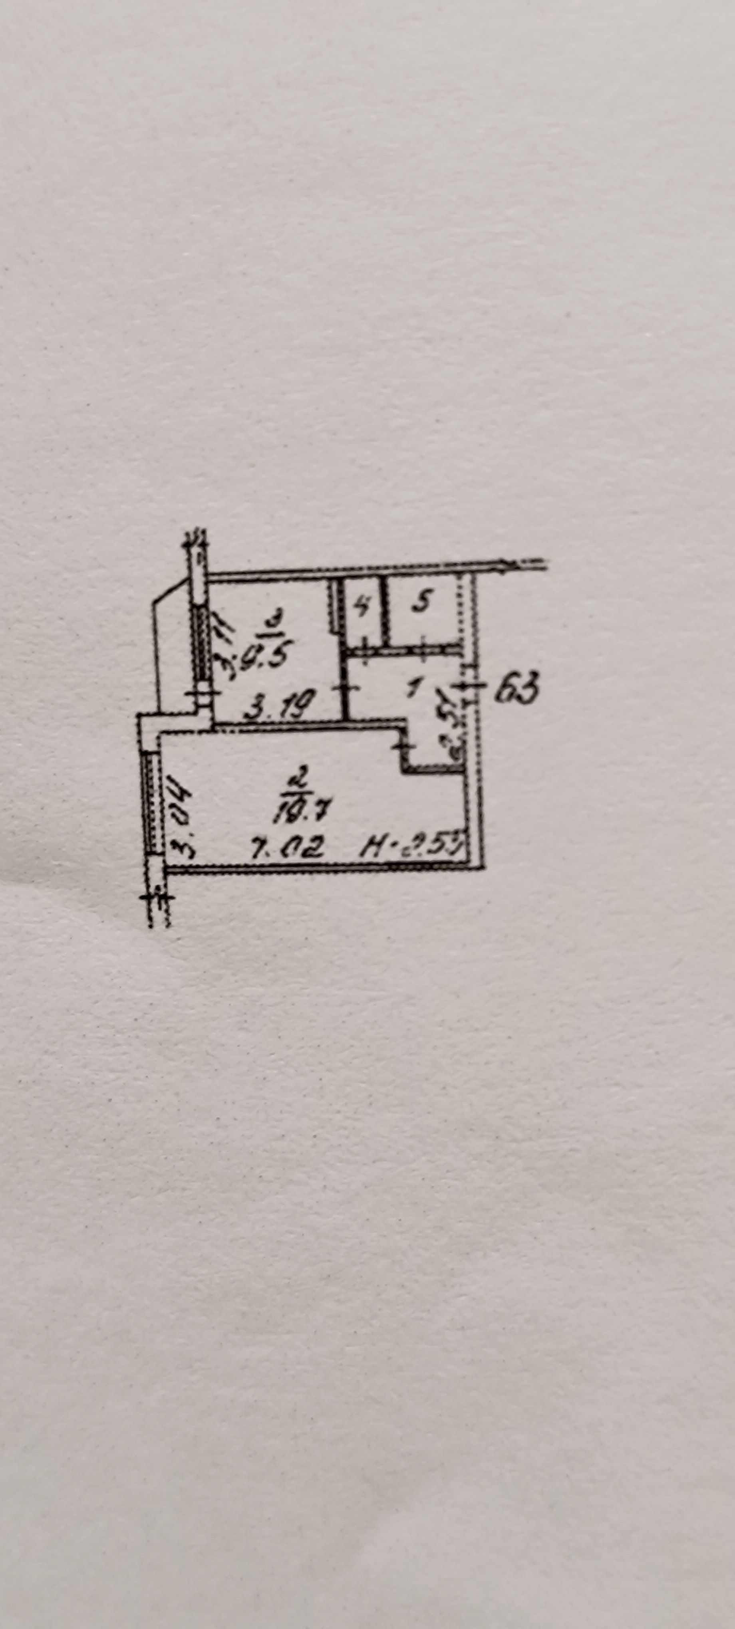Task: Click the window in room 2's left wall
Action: click(x=151, y=803)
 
